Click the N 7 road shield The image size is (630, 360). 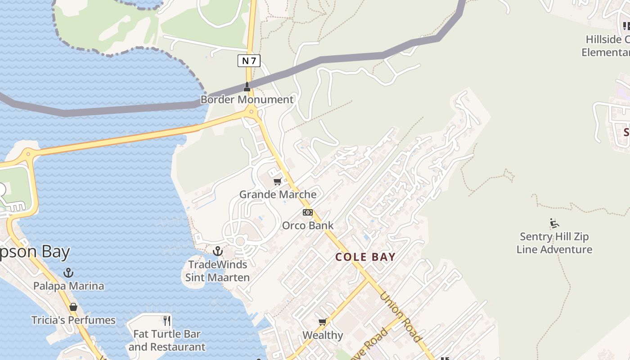pos(249,60)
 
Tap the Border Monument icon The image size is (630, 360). pos(247,86)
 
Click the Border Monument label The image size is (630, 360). pos(247,99)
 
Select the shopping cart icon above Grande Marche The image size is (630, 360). pos(277,182)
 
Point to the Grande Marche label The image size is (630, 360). pos(278,194)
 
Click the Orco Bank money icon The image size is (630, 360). pos(307,212)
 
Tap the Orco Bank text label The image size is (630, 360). pos(308,225)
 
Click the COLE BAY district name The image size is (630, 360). pos(365,257)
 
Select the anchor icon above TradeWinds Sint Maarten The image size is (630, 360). pos(218,251)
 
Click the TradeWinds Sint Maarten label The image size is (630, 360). pos(218,271)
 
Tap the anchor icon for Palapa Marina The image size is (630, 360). pos(68,273)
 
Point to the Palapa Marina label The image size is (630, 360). pos(68,286)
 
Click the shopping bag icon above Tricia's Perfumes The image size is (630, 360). pos(73,307)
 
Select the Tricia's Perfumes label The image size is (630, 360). pos(73,320)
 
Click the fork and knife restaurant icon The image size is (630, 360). pos(167,320)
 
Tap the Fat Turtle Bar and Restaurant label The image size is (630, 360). pos(167,341)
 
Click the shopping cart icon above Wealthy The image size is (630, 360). pos(322,322)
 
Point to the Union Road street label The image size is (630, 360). pos(400,317)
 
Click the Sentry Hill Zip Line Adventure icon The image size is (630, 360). pos(554,223)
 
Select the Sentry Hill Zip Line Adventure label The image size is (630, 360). pos(554,243)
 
